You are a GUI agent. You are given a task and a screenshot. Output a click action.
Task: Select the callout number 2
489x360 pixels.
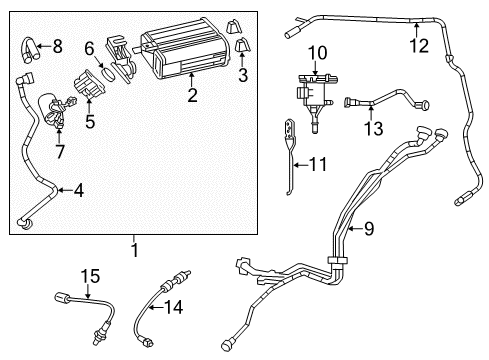click(x=192, y=96)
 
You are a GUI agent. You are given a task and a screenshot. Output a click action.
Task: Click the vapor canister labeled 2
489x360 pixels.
click(x=180, y=55)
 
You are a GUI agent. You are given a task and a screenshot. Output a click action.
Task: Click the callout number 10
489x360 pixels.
click(x=317, y=52)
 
